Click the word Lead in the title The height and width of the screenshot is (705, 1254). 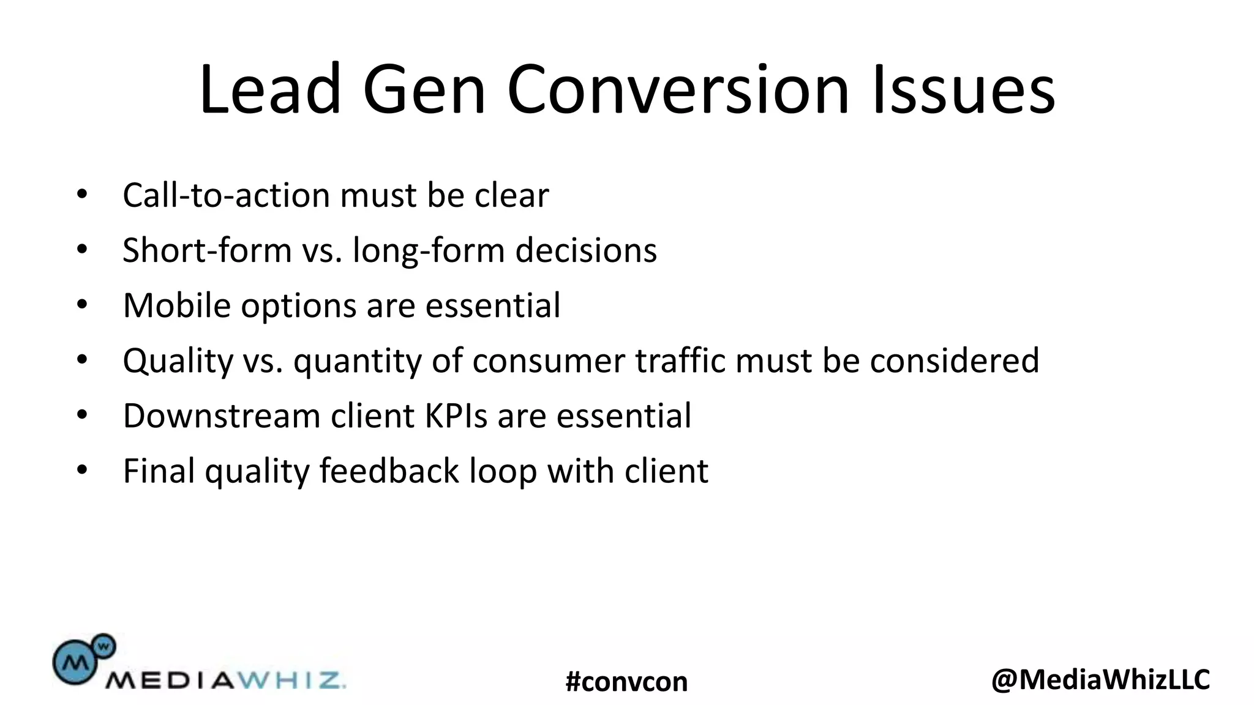click(270, 89)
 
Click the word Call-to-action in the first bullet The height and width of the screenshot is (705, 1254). click(226, 196)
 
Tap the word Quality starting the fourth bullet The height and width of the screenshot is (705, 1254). click(178, 361)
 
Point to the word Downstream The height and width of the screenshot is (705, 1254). click(222, 416)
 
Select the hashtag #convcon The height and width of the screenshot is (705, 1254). click(626, 682)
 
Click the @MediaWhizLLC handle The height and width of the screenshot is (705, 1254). click(1100, 679)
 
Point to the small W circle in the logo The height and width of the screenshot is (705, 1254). click(103, 645)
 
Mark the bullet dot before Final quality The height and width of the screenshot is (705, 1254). click(82, 471)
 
